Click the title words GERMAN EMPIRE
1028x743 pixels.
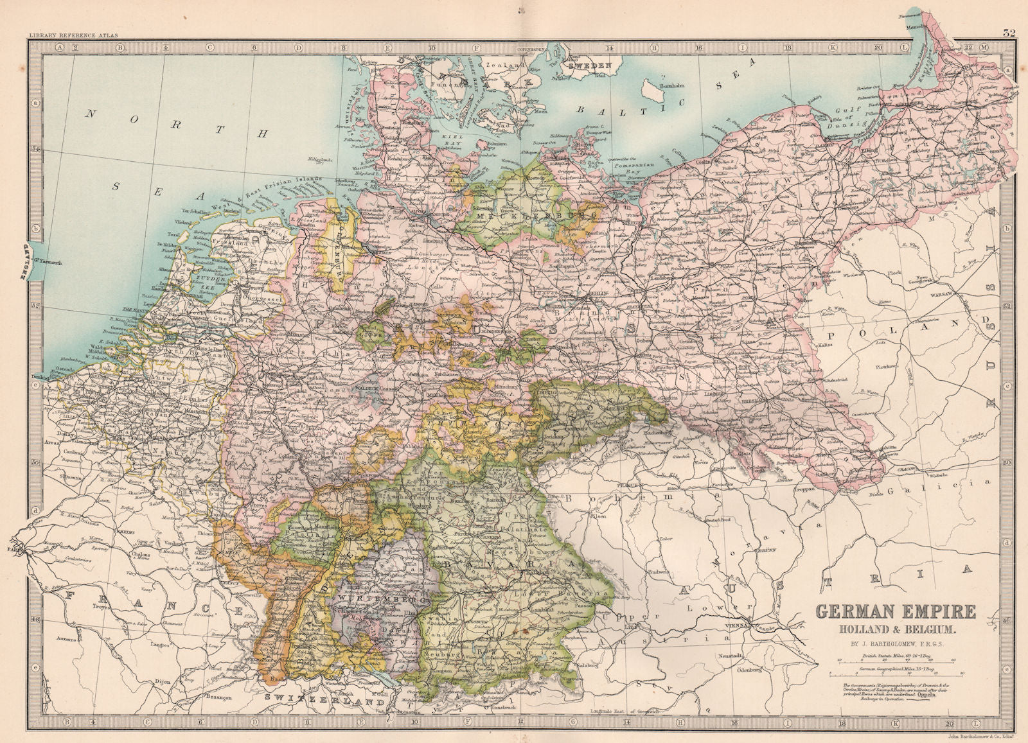click(x=896, y=611)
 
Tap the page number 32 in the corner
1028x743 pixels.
click(x=1009, y=34)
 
